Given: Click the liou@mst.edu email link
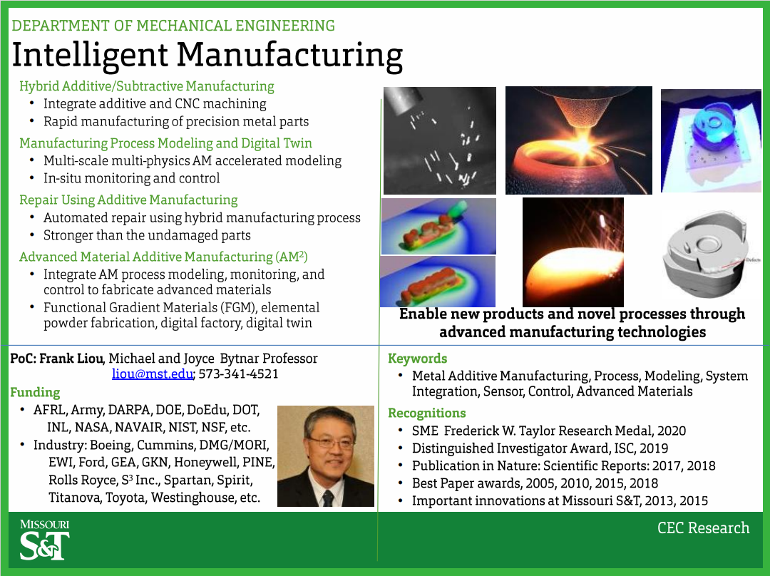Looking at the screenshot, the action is click(x=153, y=374).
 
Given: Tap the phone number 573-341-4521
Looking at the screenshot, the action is click(x=239, y=374).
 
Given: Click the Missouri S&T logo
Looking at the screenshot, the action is click(x=45, y=540).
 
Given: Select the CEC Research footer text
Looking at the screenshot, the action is click(x=703, y=528).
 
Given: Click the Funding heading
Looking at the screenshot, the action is click(x=36, y=392).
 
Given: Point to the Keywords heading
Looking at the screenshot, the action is click(x=417, y=359).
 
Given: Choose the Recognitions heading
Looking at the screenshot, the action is click(x=427, y=413).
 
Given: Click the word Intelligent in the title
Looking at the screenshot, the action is click(x=90, y=55).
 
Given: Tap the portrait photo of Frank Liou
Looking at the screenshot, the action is click(x=326, y=456).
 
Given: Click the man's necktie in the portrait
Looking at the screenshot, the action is click(x=327, y=498).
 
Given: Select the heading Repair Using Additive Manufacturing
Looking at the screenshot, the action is click(x=128, y=200).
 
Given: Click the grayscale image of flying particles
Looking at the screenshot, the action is click(x=439, y=141).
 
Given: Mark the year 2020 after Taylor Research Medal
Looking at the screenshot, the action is click(x=672, y=431).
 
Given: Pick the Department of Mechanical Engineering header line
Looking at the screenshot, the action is click(x=173, y=26).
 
